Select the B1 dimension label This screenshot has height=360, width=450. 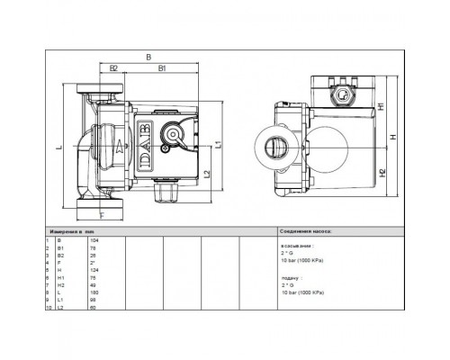click(161, 68)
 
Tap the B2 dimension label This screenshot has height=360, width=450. click(114, 68)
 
